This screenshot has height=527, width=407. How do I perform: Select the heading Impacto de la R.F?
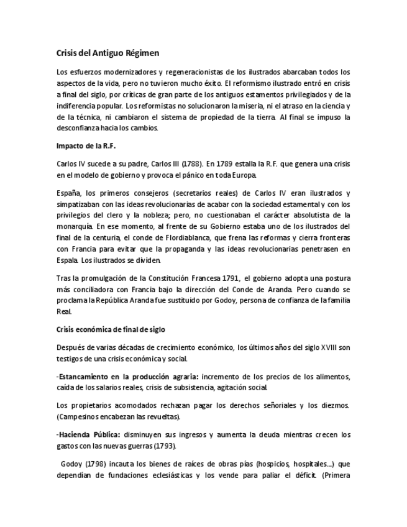point(82,146)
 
